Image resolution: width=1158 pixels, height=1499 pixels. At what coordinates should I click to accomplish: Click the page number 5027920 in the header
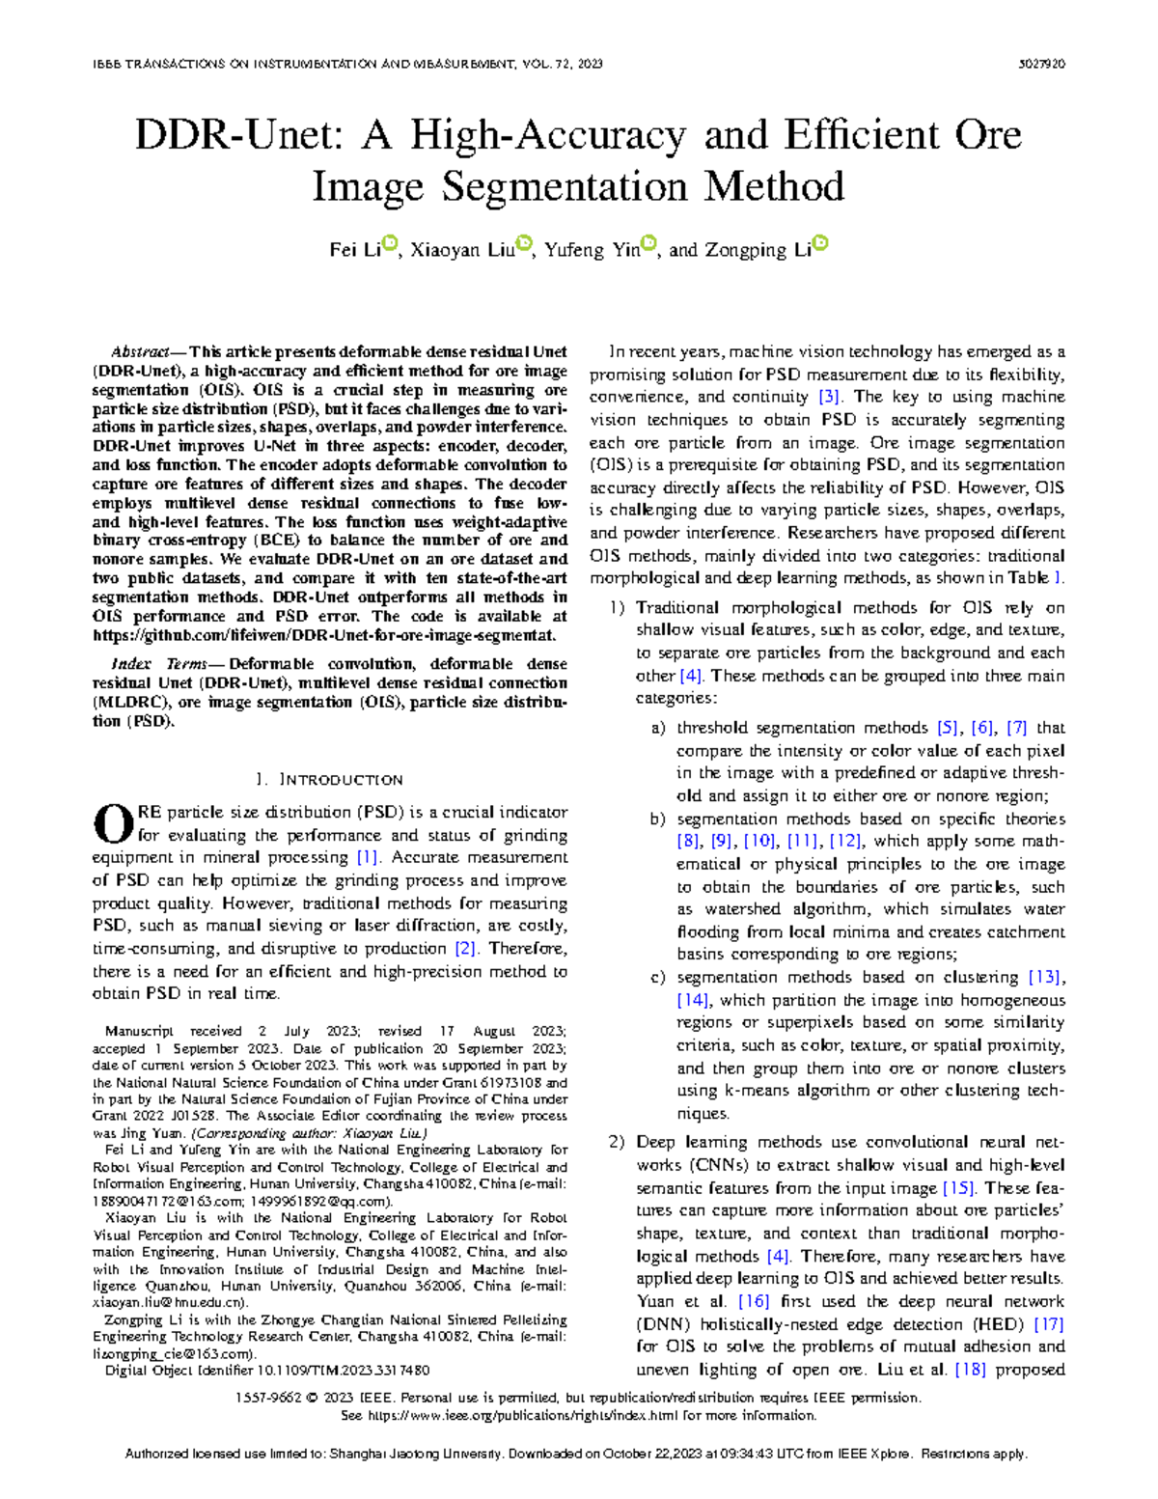tap(1042, 64)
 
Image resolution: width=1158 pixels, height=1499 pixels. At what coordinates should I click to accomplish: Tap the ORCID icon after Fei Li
tap(390, 245)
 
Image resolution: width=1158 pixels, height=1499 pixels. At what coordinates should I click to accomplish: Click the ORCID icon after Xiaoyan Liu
tap(524, 245)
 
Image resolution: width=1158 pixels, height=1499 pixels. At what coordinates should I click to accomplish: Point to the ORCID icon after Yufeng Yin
tap(649, 245)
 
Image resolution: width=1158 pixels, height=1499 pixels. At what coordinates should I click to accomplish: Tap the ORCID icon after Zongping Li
tap(820, 245)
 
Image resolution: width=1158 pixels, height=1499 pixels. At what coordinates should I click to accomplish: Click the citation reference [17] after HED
tap(1048, 1324)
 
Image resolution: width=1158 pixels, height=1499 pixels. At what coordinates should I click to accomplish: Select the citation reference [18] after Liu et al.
tap(970, 1369)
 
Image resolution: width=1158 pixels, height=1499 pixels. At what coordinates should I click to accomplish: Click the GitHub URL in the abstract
tap(324, 635)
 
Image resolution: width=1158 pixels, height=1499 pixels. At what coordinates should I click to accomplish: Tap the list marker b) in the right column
tap(658, 819)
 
